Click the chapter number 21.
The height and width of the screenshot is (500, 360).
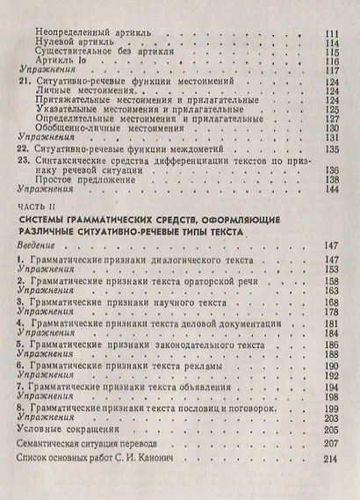click(x=24, y=82)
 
